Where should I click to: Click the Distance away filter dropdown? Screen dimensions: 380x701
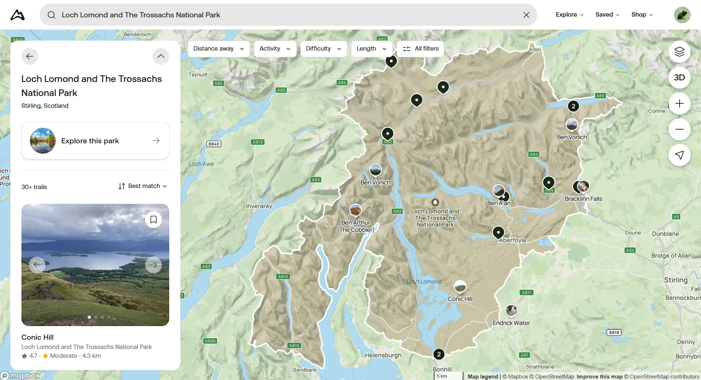point(218,49)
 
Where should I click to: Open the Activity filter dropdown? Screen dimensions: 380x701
point(275,49)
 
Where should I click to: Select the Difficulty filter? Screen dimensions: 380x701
point(323,49)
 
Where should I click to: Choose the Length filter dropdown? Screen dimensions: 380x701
point(371,49)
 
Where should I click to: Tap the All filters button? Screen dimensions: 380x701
point(420,49)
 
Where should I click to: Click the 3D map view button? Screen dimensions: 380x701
point(679,78)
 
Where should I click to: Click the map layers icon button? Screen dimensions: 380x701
point(679,52)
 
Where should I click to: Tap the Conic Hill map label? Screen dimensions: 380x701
point(460,299)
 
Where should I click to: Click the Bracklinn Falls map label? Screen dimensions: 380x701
point(583,199)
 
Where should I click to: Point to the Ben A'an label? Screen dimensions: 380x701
point(498,203)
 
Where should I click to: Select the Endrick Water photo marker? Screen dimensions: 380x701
point(511,311)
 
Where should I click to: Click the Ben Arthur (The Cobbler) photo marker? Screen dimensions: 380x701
point(355,210)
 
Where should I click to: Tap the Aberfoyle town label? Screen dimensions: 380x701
point(513,240)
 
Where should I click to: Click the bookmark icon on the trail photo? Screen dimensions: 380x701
point(153,220)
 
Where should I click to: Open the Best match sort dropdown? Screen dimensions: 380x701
point(143,186)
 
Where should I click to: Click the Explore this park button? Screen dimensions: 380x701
point(95,141)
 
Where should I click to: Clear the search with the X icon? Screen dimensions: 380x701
point(526,15)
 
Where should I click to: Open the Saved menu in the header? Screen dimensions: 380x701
point(607,15)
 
